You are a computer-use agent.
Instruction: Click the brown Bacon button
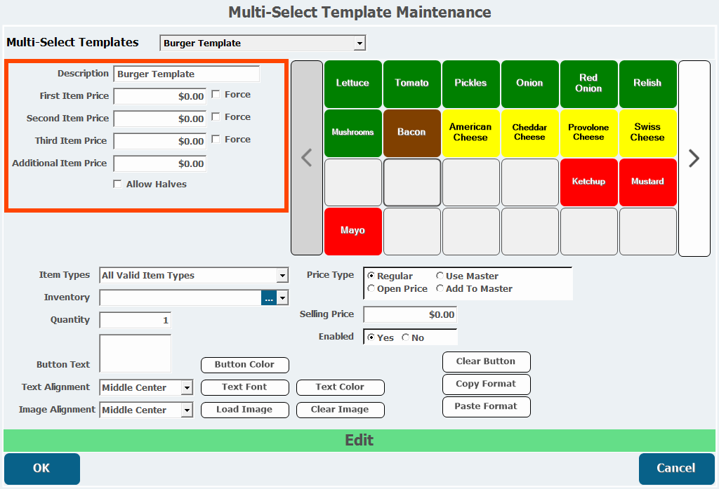[411, 133]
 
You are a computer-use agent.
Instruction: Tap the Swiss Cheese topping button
[647, 133]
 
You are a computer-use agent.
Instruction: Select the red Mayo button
[352, 231]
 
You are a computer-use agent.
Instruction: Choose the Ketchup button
[589, 182]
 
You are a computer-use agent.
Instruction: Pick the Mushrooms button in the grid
[352, 133]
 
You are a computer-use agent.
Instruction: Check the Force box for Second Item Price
[216, 117]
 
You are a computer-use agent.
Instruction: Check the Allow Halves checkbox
[117, 184]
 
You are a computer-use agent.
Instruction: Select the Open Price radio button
[371, 288]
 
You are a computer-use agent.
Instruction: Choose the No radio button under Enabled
[405, 337]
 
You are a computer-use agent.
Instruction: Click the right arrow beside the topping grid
[694, 159]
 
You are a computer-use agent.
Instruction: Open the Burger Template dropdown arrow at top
[360, 43]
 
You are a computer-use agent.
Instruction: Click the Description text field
[187, 74]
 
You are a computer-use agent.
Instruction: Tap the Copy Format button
[486, 384]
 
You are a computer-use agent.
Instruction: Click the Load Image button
[245, 410]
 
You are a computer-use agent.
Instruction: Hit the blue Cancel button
[676, 469]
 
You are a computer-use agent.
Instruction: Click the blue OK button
[42, 469]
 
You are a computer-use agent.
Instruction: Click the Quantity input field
[136, 320]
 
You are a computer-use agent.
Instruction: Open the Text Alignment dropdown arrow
[187, 387]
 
